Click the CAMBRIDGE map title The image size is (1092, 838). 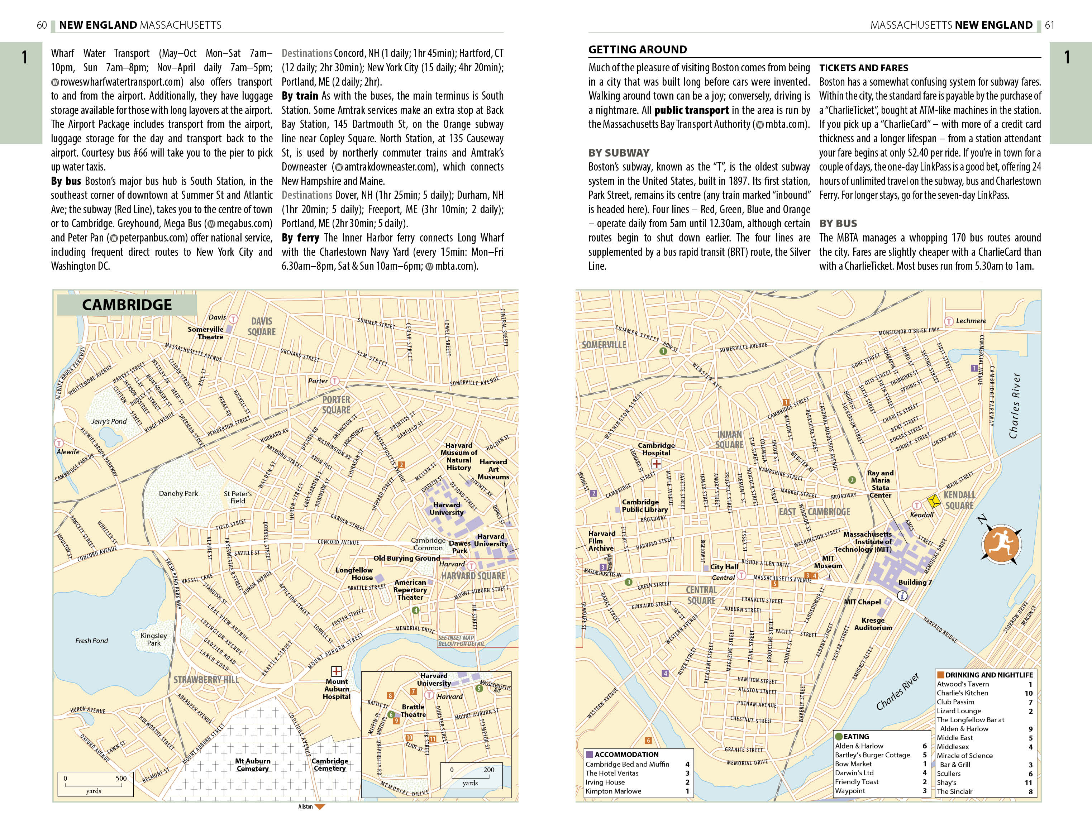(127, 305)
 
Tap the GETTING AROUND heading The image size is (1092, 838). (638, 49)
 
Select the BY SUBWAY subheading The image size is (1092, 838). (619, 153)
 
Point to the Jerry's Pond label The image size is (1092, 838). (109, 421)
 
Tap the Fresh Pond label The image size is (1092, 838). (91, 641)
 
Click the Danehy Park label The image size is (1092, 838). (178, 493)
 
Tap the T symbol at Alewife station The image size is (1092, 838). (59, 443)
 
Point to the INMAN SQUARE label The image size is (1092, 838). (729, 440)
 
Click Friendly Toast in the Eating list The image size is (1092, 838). (857, 782)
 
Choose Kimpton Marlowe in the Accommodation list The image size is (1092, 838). (613, 791)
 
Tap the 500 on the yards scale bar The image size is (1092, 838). (121, 778)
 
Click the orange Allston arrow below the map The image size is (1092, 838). (320, 806)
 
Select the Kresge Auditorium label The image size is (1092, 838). (873, 624)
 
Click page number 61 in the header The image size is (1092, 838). (1050, 25)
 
